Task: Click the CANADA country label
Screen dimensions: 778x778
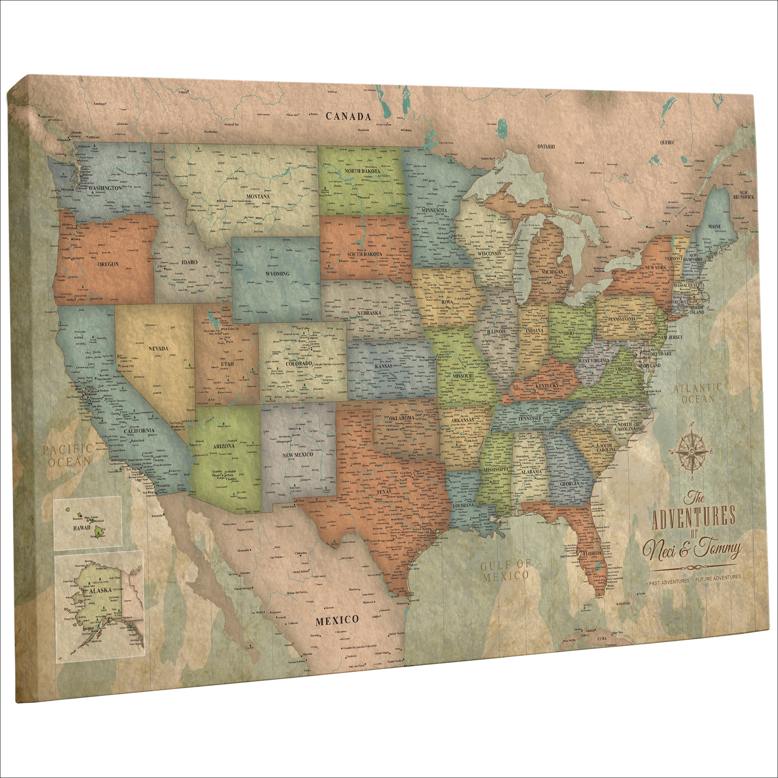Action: click(x=348, y=116)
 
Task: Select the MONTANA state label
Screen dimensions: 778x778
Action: click(x=258, y=196)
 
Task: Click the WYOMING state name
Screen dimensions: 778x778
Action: click(x=277, y=273)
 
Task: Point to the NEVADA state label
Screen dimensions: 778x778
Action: click(x=158, y=348)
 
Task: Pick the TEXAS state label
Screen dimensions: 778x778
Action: click(x=384, y=492)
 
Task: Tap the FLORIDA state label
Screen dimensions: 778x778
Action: click(x=592, y=553)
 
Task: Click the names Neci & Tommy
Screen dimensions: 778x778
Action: click(x=691, y=550)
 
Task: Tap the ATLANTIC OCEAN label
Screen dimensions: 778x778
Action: click(x=698, y=393)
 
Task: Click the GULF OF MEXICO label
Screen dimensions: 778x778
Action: click(x=506, y=570)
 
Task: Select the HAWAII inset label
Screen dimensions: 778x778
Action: click(x=82, y=527)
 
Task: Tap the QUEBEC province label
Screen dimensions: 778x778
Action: click(x=667, y=142)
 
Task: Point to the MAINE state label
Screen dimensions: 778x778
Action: click(x=714, y=226)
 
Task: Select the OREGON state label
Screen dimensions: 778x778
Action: click(x=108, y=264)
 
